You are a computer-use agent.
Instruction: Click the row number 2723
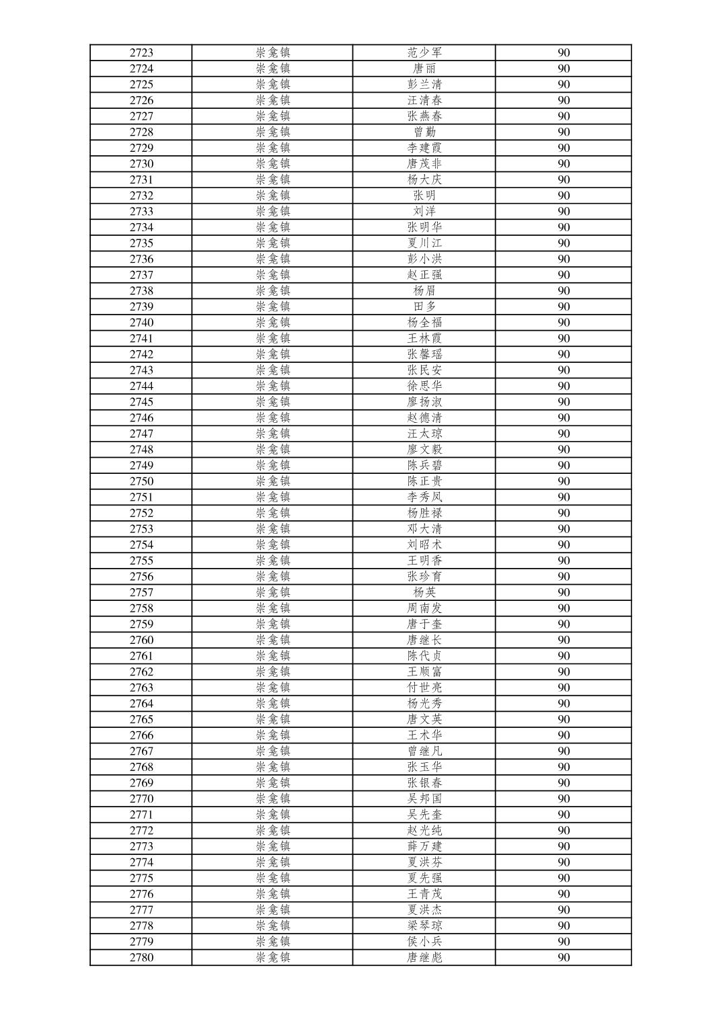pyautogui.click(x=141, y=52)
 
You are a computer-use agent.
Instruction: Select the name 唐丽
pyautogui.click(x=424, y=69)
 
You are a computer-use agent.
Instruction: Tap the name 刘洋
pyautogui.click(x=424, y=211)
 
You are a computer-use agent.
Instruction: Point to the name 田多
pyautogui.click(x=424, y=307)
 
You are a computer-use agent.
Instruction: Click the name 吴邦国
pyautogui.click(x=424, y=799)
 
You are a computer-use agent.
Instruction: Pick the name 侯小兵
pyautogui.click(x=424, y=942)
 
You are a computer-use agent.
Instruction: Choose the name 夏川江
pyautogui.click(x=424, y=243)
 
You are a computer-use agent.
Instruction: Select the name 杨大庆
pyautogui.click(x=424, y=179)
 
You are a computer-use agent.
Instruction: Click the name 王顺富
pyautogui.click(x=424, y=671)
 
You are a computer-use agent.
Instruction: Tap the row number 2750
pyautogui.click(x=141, y=481)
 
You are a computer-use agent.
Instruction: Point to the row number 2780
pyautogui.click(x=141, y=958)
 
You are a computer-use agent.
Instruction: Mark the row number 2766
pyautogui.click(x=141, y=735)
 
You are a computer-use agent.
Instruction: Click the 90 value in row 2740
pyautogui.click(x=564, y=323)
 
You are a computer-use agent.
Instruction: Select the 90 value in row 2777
pyautogui.click(x=564, y=910)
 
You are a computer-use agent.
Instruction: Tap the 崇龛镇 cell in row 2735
pyautogui.click(x=273, y=243)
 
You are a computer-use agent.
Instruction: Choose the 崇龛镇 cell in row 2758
pyautogui.click(x=273, y=608)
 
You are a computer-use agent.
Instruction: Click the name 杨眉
pyautogui.click(x=424, y=291)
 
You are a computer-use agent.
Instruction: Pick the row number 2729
pyautogui.click(x=141, y=148)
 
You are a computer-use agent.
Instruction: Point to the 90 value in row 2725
pyautogui.click(x=564, y=85)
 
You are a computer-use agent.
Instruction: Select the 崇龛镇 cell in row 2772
pyautogui.click(x=273, y=831)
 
